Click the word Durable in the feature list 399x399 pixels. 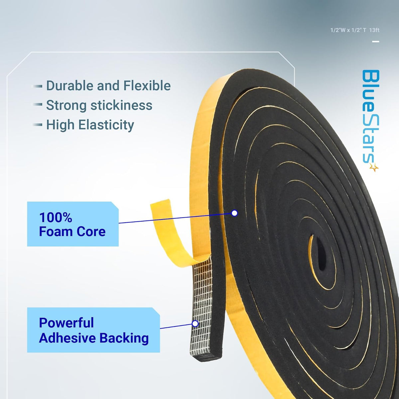tap(70, 85)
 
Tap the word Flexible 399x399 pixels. tap(147, 85)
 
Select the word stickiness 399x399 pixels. tap(121, 105)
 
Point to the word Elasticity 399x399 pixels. tap(106, 125)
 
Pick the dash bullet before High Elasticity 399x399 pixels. tap(38, 125)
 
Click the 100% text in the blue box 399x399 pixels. tap(56, 217)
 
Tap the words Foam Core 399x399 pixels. tap(72, 231)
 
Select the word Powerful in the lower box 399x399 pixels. tap(66, 323)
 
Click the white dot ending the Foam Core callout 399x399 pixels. tap(234, 213)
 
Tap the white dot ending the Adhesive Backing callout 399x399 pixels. tap(195, 324)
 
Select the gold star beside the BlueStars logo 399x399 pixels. tap(374, 168)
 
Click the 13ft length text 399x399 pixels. tap(374, 30)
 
